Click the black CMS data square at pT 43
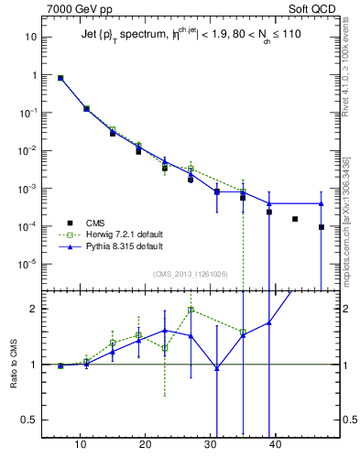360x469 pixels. (x=295, y=219)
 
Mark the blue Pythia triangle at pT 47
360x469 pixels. (x=322, y=203)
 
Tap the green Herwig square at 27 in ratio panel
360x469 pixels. (x=191, y=310)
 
